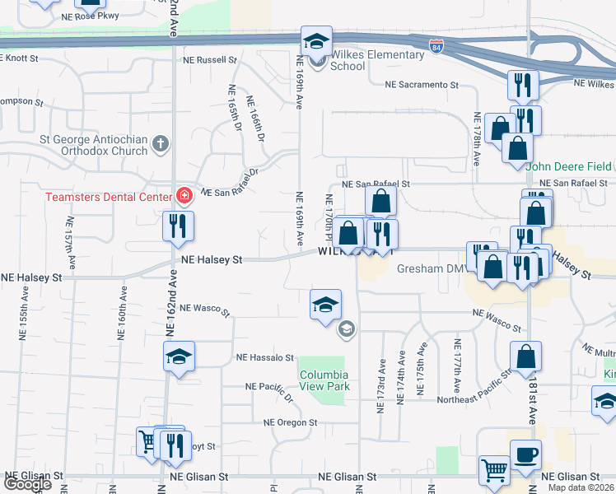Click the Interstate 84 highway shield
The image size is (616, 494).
[x=436, y=45]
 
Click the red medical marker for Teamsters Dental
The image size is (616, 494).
[x=184, y=196]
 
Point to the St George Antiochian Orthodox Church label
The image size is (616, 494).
[x=92, y=145]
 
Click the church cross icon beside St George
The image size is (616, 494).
[x=161, y=145]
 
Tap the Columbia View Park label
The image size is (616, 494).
[x=324, y=380]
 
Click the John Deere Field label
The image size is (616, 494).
[x=568, y=166]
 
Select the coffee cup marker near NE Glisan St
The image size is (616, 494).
[x=525, y=454]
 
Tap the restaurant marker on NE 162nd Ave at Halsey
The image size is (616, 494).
[x=178, y=226]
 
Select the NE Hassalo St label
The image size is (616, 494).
[x=265, y=358]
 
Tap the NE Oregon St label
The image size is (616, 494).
[x=290, y=422]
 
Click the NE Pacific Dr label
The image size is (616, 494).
[x=269, y=386]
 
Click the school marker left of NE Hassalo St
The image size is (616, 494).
[x=179, y=357]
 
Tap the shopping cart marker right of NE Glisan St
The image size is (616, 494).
[x=494, y=470]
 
